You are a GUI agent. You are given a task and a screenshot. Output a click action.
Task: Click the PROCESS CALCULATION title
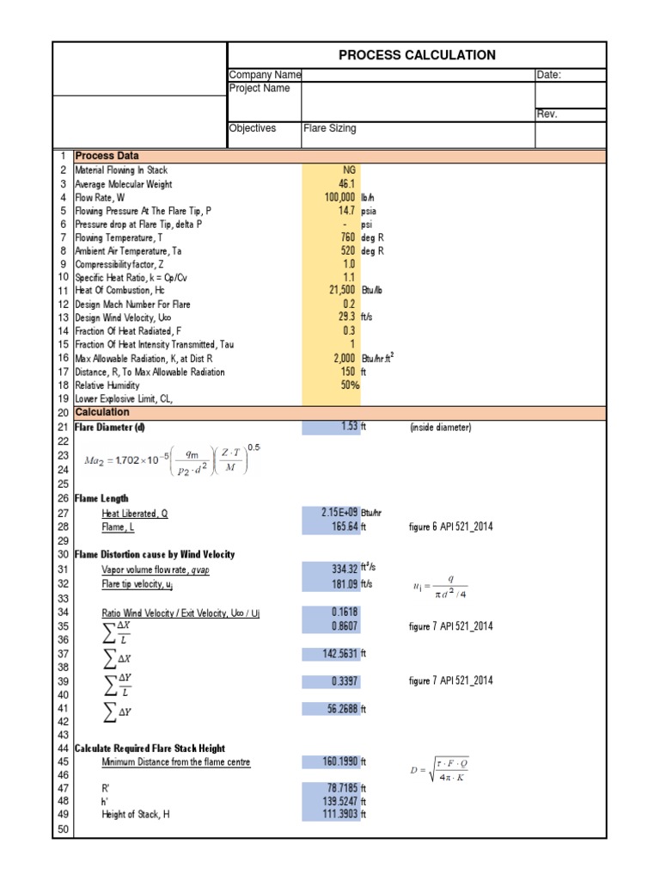click(417, 55)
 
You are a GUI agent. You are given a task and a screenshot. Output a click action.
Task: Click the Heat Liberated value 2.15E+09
click(333, 512)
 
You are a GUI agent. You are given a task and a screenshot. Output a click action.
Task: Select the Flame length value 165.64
click(339, 526)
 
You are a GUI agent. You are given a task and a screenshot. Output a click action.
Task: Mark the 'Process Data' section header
click(107, 156)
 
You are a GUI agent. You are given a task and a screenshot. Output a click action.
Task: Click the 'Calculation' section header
click(101, 412)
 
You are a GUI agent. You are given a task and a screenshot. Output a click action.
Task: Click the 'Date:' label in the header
click(548, 75)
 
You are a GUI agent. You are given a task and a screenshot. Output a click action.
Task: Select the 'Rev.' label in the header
click(547, 114)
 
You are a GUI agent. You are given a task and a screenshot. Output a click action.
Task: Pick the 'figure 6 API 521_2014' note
click(451, 527)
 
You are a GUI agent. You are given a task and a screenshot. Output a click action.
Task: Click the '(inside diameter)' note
click(441, 428)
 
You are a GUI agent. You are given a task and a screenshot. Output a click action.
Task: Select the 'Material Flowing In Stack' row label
click(121, 170)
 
